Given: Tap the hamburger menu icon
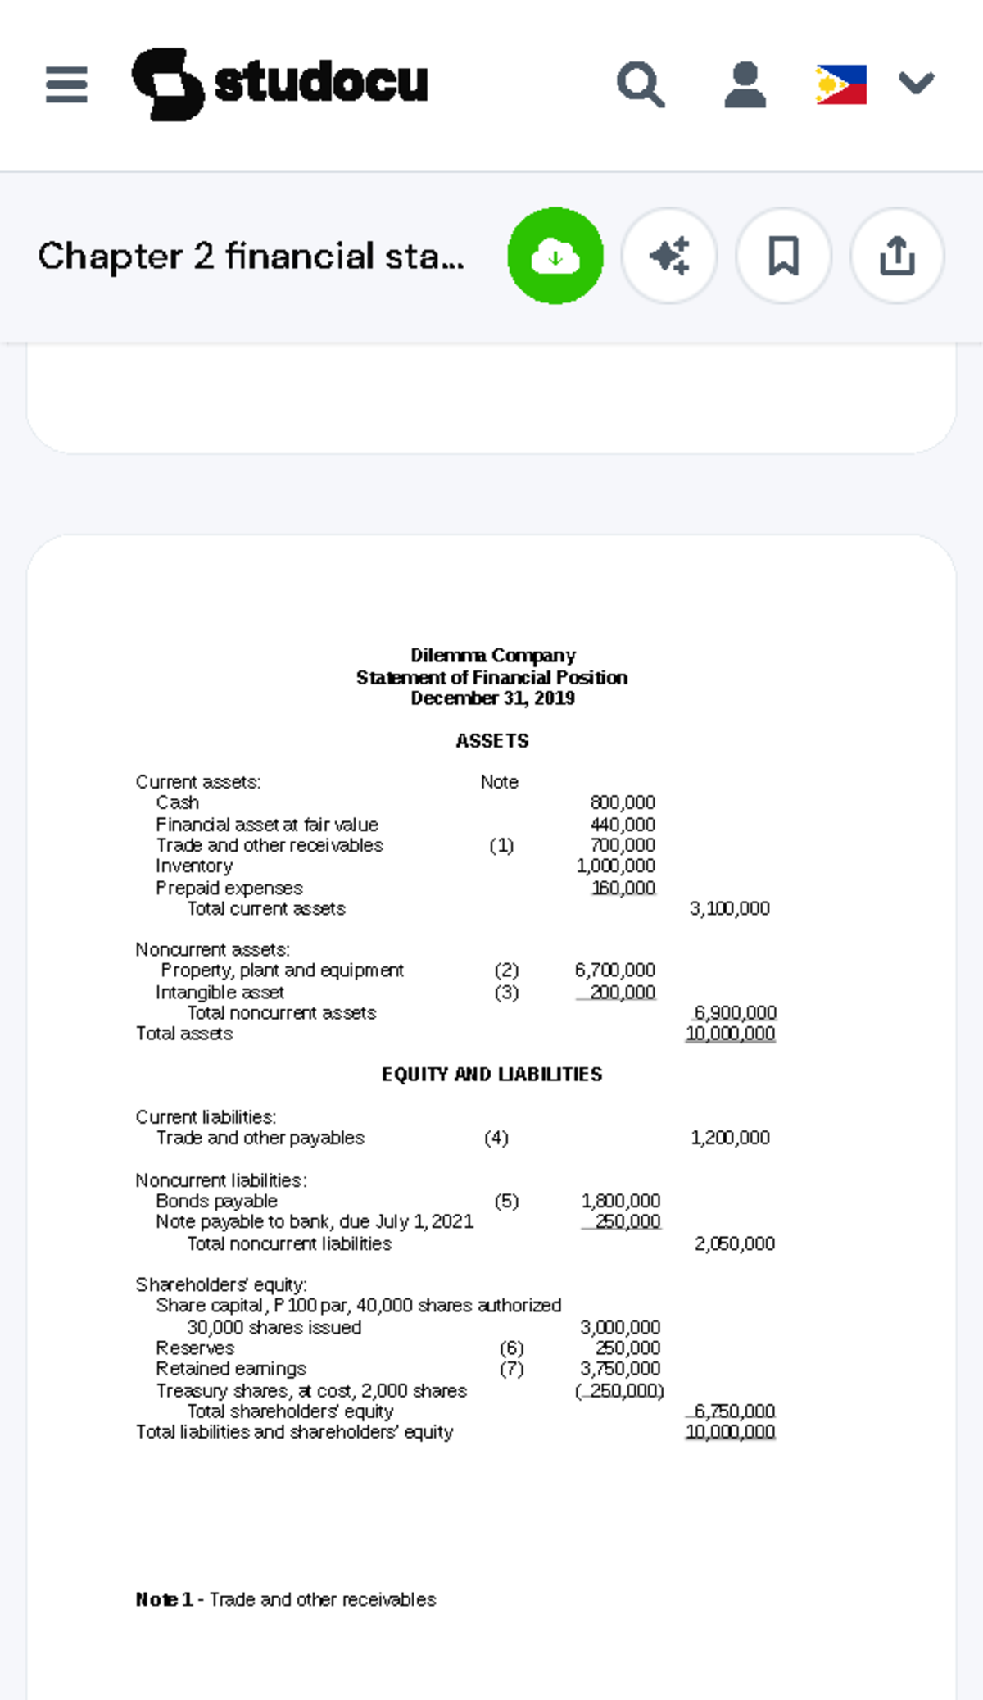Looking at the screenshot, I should click(x=66, y=84).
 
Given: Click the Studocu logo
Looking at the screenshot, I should click(x=280, y=84).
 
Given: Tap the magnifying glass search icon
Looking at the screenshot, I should click(x=640, y=84).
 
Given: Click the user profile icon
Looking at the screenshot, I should click(x=745, y=84).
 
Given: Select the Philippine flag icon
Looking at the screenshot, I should click(x=840, y=84).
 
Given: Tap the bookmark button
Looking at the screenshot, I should click(x=783, y=256).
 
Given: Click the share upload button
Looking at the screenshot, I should click(x=897, y=256).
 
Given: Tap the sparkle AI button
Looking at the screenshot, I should click(x=669, y=256).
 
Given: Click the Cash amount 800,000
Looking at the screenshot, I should click(x=623, y=802).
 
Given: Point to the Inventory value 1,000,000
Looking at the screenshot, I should click(x=616, y=866).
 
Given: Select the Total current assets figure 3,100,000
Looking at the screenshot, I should click(x=729, y=908).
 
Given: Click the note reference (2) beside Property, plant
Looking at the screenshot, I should click(x=506, y=970).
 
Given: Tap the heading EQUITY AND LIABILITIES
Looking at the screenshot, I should click(x=491, y=1075).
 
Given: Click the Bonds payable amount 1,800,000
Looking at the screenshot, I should click(x=621, y=1201).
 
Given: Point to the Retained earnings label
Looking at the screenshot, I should click(x=231, y=1369).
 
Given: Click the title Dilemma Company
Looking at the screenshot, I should click(x=493, y=656).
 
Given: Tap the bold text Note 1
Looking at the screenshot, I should click(x=164, y=1599).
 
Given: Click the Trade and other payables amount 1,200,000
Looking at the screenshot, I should click(x=730, y=1138).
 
